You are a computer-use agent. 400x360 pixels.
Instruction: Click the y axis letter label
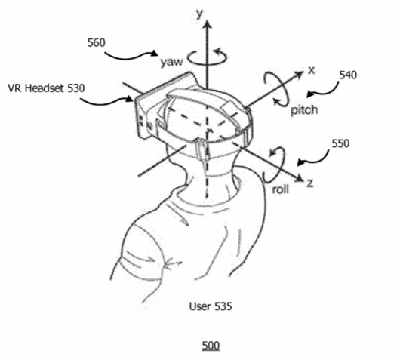point(200,14)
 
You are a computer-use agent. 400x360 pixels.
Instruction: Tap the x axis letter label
point(312,70)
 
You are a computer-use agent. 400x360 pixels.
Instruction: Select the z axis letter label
point(310,183)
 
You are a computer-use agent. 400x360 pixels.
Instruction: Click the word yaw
point(171,62)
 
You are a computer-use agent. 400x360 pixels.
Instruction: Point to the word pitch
point(305,110)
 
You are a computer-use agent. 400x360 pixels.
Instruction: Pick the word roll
point(280,189)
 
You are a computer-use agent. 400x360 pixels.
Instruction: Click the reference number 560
point(96,42)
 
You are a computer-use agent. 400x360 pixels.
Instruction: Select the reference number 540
point(348,75)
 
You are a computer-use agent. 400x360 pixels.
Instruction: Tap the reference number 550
point(340,143)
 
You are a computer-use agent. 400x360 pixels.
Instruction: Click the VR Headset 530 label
point(46,88)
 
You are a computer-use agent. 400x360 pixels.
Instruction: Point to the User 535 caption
point(211,306)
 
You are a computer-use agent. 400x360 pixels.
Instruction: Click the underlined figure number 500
point(211,346)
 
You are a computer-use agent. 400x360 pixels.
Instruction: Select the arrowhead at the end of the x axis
point(298,74)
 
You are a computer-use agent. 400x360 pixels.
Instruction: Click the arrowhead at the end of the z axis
point(299,179)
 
